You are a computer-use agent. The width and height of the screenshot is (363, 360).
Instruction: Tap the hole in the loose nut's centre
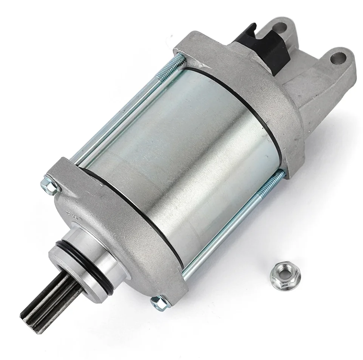[278, 272]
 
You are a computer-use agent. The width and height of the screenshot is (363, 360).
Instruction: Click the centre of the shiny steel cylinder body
[185, 151]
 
